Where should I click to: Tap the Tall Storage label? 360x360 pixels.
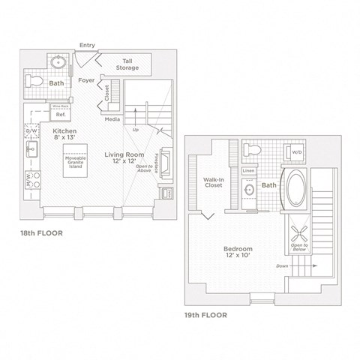(124, 65)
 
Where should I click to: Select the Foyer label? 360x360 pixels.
(85, 79)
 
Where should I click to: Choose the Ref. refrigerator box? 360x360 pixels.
(60, 115)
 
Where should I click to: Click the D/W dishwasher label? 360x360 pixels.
(31, 132)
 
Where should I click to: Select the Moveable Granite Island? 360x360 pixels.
(73, 162)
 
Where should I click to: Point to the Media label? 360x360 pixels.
(112, 119)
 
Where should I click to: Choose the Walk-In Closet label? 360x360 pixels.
(215, 184)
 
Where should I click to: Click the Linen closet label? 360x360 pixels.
(248, 170)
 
